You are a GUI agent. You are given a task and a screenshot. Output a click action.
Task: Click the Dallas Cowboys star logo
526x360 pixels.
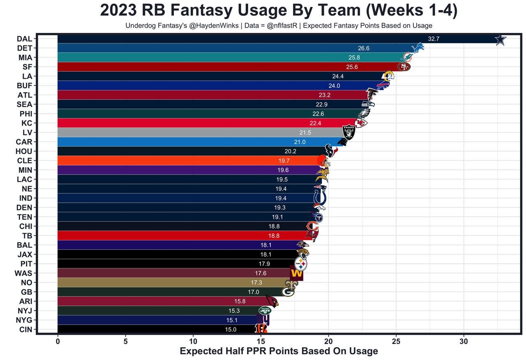[x=500, y=40]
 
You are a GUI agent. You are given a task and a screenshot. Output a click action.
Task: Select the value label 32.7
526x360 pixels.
[x=434, y=39]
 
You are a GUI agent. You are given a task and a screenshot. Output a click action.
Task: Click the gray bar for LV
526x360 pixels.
[x=197, y=133]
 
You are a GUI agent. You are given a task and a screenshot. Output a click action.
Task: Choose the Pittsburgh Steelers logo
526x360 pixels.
[x=301, y=264]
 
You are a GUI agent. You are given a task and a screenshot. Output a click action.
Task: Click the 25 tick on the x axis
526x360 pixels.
[x=396, y=342]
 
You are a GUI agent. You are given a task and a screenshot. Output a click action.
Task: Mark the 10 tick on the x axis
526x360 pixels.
[x=193, y=342]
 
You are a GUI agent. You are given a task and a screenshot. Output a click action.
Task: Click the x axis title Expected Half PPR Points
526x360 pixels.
[x=279, y=351]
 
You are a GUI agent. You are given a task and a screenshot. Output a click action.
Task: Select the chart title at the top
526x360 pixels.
[x=279, y=11]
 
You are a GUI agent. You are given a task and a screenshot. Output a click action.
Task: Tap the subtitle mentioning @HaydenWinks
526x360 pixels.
[x=279, y=25]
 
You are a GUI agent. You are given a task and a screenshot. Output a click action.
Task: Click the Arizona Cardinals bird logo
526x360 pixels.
[x=272, y=301]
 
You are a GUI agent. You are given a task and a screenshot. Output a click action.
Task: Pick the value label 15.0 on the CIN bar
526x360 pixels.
[x=230, y=330]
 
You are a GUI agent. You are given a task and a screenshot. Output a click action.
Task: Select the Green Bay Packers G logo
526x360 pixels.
[x=288, y=292]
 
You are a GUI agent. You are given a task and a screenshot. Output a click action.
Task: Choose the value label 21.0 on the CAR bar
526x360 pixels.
[x=311, y=142]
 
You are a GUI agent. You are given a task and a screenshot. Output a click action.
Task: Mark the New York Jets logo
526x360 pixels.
[x=265, y=311]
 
